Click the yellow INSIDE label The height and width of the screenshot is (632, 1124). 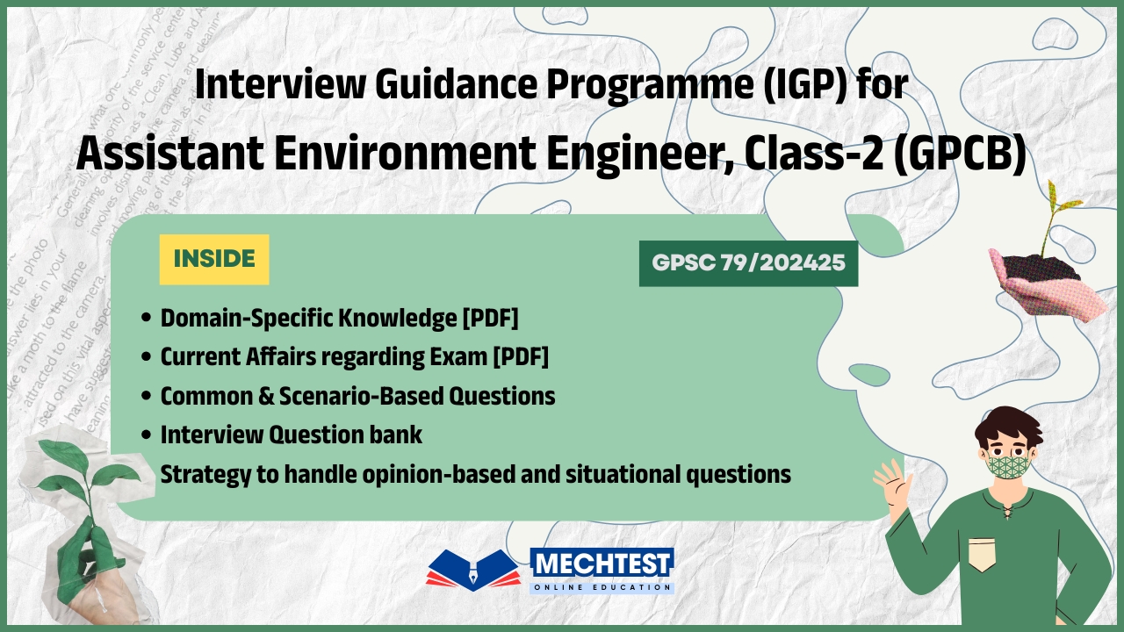[214, 259]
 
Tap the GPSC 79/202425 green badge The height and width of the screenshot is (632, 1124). [748, 263]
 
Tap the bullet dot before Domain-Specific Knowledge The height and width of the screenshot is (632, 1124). [146, 319]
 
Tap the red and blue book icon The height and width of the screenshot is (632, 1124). [472, 571]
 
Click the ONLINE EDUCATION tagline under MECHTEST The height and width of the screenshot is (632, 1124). [602, 586]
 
